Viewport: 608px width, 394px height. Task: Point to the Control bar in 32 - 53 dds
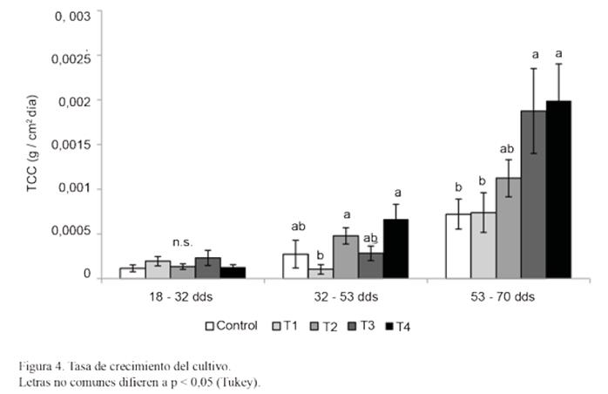295,266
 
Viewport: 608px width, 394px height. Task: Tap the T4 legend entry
396,326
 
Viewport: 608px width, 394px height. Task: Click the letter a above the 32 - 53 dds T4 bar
397,193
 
